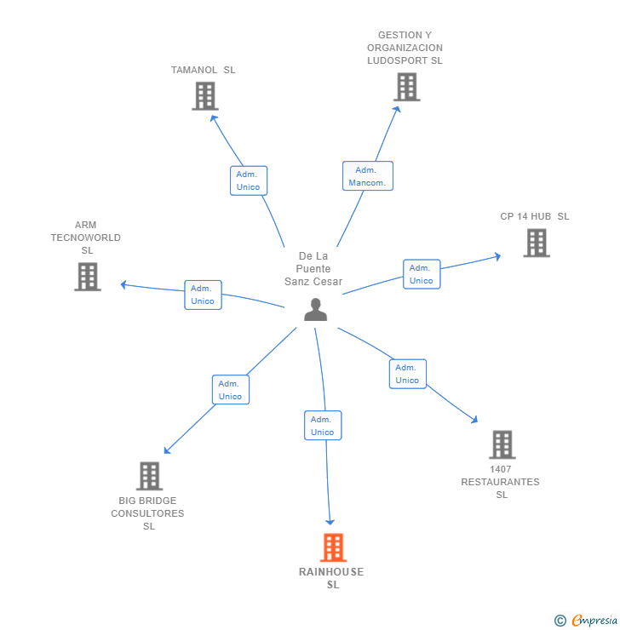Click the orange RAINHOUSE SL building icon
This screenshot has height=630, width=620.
click(333, 547)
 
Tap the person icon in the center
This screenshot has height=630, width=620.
click(315, 310)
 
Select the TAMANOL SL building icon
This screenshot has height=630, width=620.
click(204, 96)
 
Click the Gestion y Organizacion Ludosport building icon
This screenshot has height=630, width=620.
click(406, 87)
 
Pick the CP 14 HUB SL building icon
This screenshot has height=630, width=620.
click(536, 243)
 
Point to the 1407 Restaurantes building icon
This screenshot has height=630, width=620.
click(502, 444)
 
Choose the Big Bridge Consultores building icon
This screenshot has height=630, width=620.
click(149, 476)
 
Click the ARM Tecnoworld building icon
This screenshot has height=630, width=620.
click(87, 277)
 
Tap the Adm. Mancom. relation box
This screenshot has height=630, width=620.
click(367, 176)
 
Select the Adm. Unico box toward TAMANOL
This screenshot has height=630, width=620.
click(248, 180)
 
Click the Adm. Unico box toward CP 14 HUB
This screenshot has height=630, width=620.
click(421, 274)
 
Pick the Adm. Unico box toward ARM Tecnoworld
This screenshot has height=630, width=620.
click(203, 295)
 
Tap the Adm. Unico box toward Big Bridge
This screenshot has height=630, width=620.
click(230, 390)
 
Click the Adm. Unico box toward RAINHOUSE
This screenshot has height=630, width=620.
click(322, 426)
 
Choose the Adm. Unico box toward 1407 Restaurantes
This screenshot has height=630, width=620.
click(407, 374)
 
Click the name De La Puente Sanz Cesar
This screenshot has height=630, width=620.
click(313, 268)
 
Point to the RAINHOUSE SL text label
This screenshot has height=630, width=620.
click(331, 578)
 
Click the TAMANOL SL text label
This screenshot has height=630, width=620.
click(203, 70)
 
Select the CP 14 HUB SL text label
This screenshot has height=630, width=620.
click(534, 216)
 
